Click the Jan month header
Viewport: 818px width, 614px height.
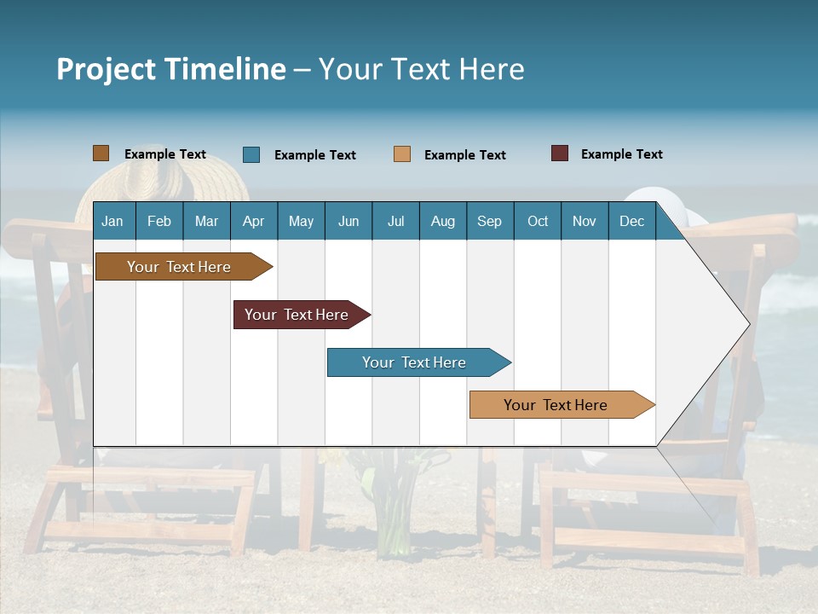(112, 221)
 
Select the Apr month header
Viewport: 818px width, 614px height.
(253, 221)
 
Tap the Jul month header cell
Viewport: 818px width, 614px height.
(395, 221)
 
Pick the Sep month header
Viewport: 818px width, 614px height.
(489, 221)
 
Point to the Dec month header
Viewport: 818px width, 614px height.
(631, 221)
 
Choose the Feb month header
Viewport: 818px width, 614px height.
(159, 221)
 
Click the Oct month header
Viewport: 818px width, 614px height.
(538, 221)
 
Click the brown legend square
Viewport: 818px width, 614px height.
(101, 153)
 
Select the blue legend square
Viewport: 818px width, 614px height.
(251, 154)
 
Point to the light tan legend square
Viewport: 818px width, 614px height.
(402, 154)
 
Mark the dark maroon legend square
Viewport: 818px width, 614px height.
(560, 153)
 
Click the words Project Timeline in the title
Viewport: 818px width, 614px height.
(170, 69)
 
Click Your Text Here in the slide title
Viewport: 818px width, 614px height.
(422, 69)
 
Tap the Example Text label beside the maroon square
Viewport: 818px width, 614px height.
(621, 154)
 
